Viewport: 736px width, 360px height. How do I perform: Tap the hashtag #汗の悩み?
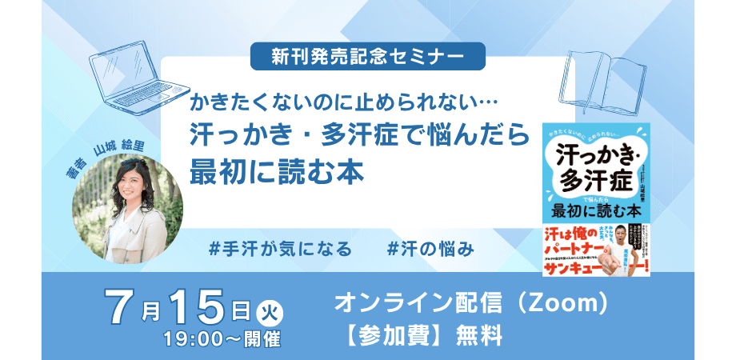click(x=430, y=249)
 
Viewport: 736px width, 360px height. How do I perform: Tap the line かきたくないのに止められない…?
click(x=344, y=104)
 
